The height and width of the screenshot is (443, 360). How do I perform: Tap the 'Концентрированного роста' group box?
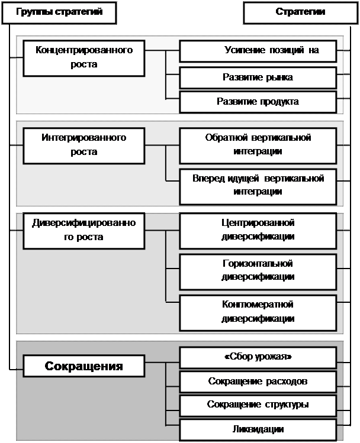click(83, 57)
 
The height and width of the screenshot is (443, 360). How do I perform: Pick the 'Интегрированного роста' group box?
click(83, 145)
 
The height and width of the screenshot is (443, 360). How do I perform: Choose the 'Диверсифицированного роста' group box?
click(83, 230)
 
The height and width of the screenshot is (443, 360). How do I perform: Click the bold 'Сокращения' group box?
click(83, 366)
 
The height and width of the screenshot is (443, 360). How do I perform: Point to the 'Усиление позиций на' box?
click(258, 51)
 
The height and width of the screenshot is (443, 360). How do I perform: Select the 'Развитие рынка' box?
click(258, 77)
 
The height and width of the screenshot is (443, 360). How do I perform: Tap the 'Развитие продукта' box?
click(258, 101)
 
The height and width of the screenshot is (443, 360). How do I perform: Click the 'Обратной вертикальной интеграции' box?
click(258, 145)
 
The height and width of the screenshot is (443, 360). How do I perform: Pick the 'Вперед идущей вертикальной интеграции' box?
click(258, 185)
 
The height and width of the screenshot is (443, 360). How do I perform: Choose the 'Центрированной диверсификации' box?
click(258, 230)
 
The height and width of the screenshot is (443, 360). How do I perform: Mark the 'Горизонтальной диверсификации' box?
click(258, 270)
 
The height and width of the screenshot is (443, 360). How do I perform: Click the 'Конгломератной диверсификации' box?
click(258, 312)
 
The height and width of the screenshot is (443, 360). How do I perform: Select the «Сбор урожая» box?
click(258, 358)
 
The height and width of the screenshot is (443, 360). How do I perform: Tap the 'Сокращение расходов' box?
click(258, 381)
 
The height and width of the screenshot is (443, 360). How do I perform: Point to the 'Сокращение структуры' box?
click(258, 405)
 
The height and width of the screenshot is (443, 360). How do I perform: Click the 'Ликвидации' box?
click(258, 429)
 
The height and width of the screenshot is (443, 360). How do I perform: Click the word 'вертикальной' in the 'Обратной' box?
click(283, 138)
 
